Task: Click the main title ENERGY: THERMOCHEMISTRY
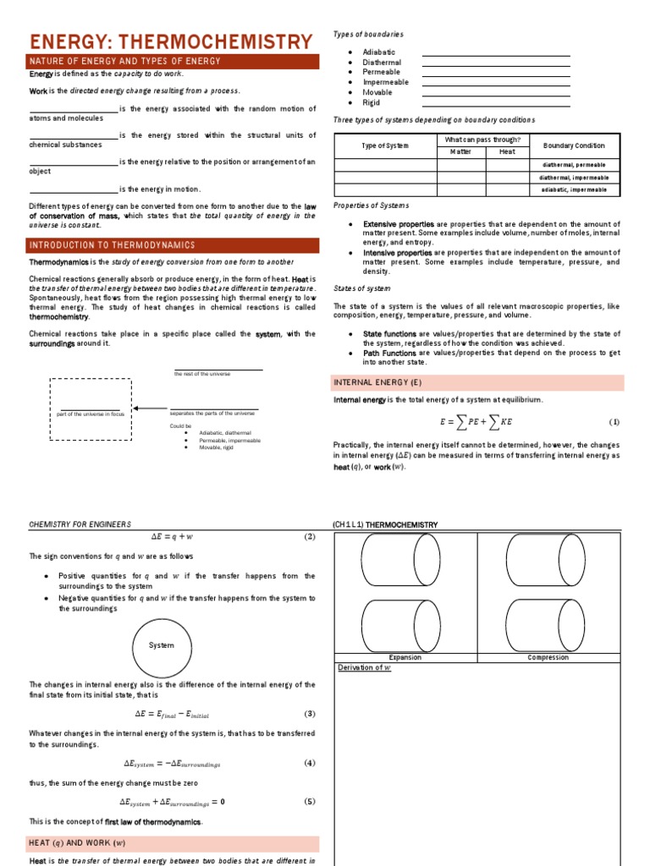171,41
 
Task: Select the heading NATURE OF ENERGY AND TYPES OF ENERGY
125,62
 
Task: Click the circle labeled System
161,645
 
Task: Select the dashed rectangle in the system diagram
91,409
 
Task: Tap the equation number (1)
614,421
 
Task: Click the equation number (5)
310,802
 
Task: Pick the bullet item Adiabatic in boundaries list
378,52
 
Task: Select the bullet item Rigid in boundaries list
371,103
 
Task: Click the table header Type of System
385,145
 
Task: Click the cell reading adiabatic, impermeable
574,190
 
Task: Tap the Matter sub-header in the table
460,151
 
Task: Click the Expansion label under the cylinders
405,657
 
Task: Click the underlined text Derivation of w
365,668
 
